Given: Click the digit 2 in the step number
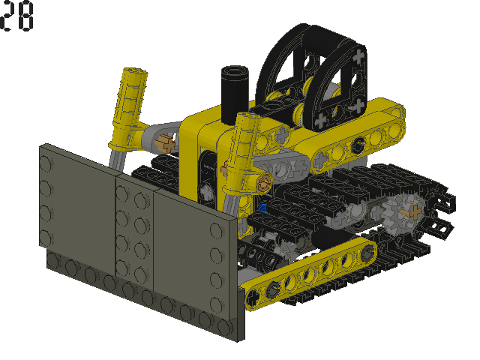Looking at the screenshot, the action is tap(6, 16).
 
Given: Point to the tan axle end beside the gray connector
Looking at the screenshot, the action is tap(165, 143).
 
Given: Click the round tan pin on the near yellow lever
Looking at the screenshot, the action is tap(264, 183).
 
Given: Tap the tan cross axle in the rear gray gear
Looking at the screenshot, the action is tap(412, 211).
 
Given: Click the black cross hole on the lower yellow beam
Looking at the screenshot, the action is tap(253, 297).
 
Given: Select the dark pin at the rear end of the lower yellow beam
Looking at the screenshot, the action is tap(367, 253).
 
